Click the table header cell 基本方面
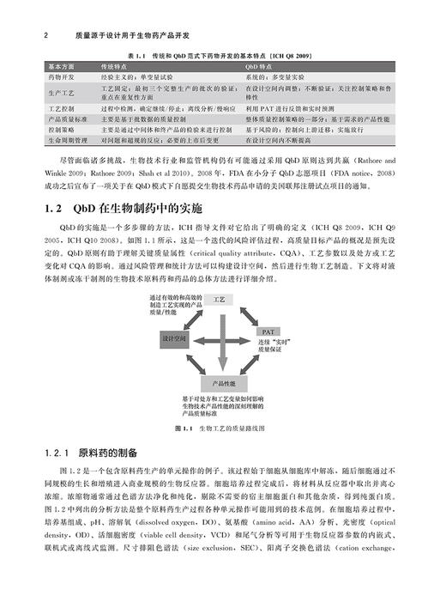click(x=59, y=66)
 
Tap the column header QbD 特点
click(x=258, y=66)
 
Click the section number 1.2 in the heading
click(x=54, y=209)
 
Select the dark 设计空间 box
click(x=174, y=340)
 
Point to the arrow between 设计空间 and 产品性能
click(x=192, y=365)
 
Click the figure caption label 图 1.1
click(x=184, y=428)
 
